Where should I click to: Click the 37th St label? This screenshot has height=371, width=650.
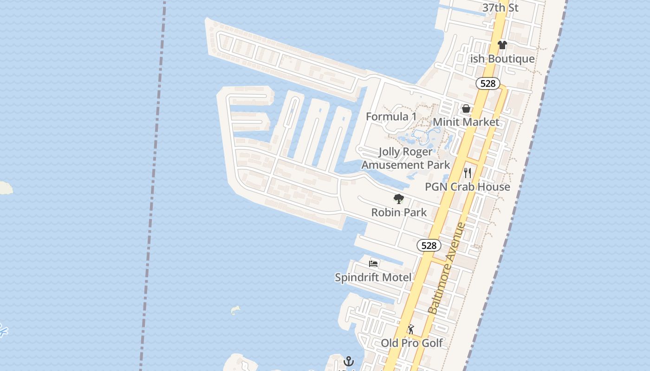500,7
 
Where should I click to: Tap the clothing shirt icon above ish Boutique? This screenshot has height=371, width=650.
502,45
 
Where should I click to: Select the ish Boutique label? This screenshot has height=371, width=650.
502,59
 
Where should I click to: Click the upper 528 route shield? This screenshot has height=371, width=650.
487,83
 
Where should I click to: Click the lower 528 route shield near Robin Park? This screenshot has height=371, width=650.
429,245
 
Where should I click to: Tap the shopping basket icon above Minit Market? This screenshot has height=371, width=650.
466,109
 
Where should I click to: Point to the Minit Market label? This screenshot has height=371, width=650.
466,122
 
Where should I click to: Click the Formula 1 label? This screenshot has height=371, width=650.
391,116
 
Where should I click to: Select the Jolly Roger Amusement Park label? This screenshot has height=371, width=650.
406,158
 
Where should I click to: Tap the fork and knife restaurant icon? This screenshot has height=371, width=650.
468,173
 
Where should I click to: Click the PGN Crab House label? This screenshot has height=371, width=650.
468,187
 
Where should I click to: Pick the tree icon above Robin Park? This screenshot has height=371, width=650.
398,199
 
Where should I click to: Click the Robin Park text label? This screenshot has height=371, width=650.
399,212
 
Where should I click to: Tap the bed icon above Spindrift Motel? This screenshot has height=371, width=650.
373,264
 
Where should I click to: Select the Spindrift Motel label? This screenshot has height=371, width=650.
373,277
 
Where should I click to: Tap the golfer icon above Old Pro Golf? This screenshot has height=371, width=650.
411,329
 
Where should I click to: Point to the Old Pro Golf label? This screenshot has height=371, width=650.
411,343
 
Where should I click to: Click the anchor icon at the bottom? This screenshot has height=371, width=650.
349,361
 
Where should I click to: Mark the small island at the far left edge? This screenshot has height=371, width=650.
5,188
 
